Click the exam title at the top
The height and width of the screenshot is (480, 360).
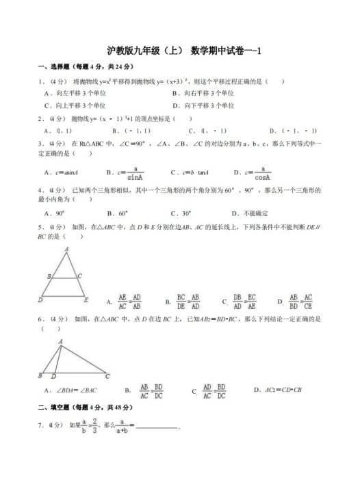pyautogui.click(x=180, y=51)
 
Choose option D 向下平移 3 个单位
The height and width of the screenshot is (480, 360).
pyautogui.click(x=204, y=105)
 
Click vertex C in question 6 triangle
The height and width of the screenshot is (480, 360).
pyautogui.click(x=107, y=375)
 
